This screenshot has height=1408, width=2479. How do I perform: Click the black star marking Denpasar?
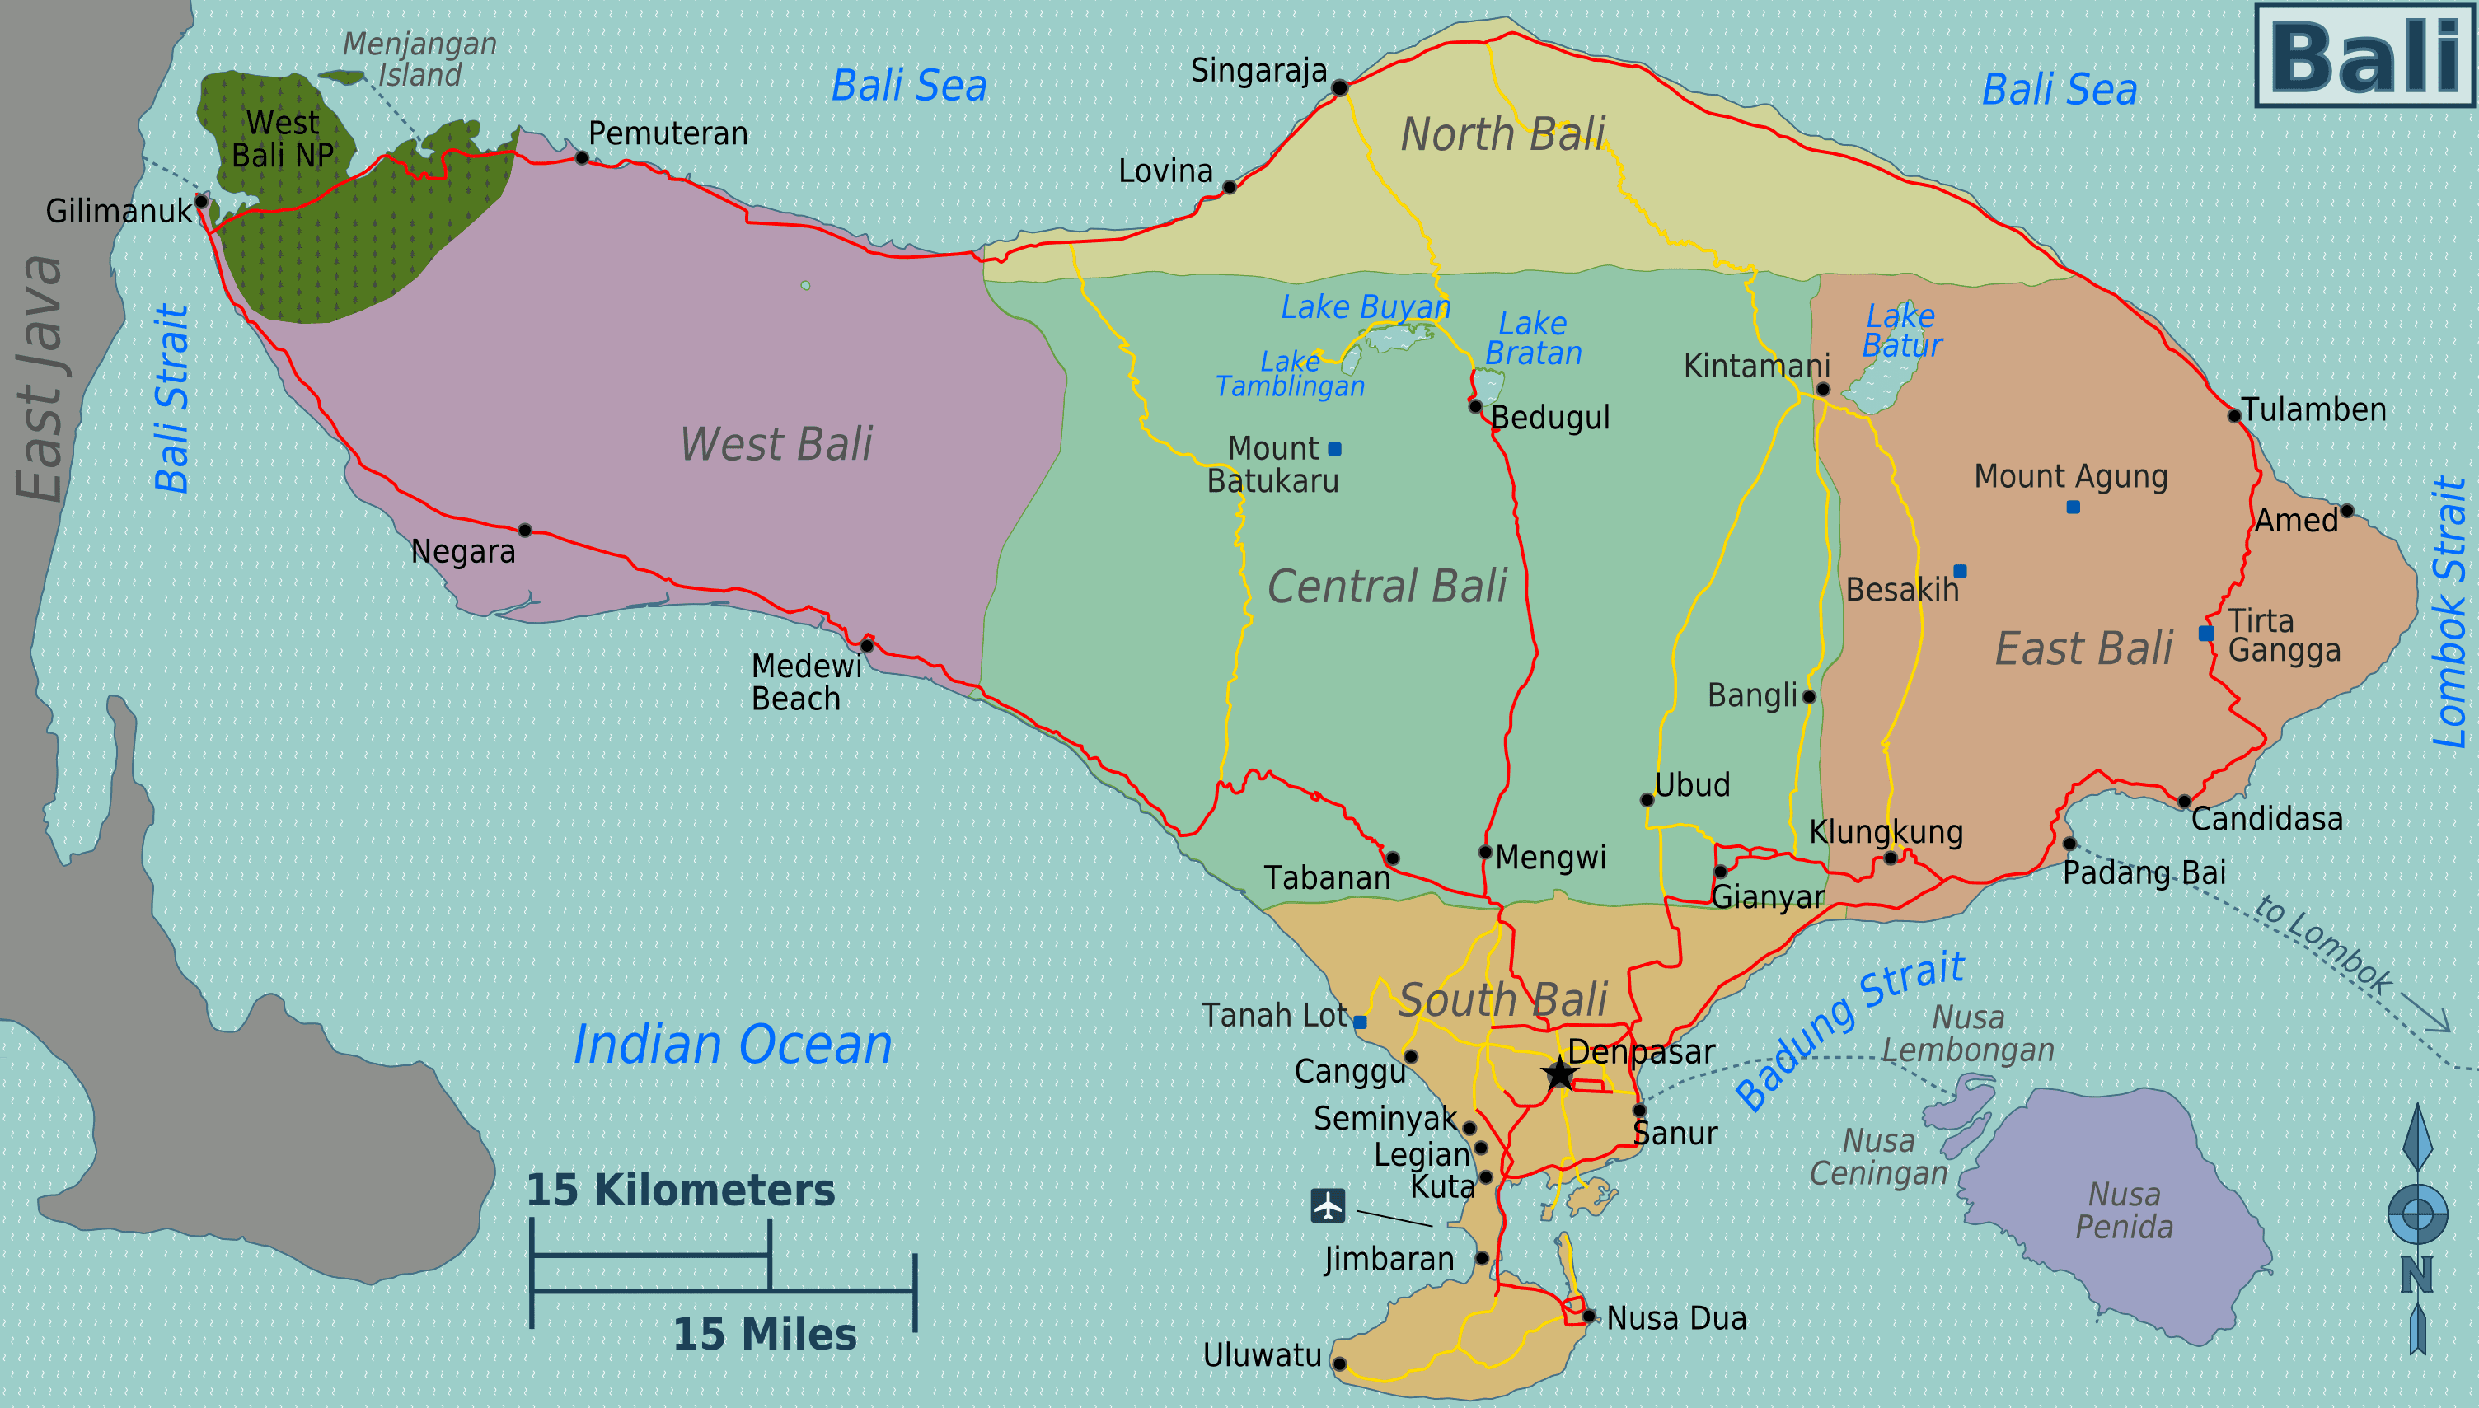(x=1559, y=1073)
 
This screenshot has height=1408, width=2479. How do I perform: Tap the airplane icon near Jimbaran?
(x=1328, y=1205)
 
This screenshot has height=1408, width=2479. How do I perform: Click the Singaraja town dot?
(x=1339, y=88)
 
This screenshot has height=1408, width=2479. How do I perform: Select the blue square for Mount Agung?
(x=2073, y=507)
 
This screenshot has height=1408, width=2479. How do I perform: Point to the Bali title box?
(x=2365, y=56)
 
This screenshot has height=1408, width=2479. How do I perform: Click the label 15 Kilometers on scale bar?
(x=680, y=1190)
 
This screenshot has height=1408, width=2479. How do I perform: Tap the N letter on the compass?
(x=2416, y=1275)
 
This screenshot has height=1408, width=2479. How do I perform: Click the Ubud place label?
(x=1692, y=784)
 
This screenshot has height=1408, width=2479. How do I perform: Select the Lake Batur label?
(x=1901, y=330)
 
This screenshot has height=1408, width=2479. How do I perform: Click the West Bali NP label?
(x=283, y=139)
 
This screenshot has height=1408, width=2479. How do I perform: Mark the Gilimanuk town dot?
(x=201, y=201)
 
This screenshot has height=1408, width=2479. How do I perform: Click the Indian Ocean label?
(x=732, y=1045)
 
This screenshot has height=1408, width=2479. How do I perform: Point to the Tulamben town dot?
(x=2234, y=416)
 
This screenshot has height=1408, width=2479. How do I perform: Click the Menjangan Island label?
(x=419, y=59)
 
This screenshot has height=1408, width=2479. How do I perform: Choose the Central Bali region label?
(x=1387, y=586)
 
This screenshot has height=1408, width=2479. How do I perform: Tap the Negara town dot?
(x=524, y=530)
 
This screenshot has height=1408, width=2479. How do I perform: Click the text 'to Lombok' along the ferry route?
(x=2323, y=943)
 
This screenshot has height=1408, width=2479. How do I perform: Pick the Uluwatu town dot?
(x=1339, y=1364)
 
